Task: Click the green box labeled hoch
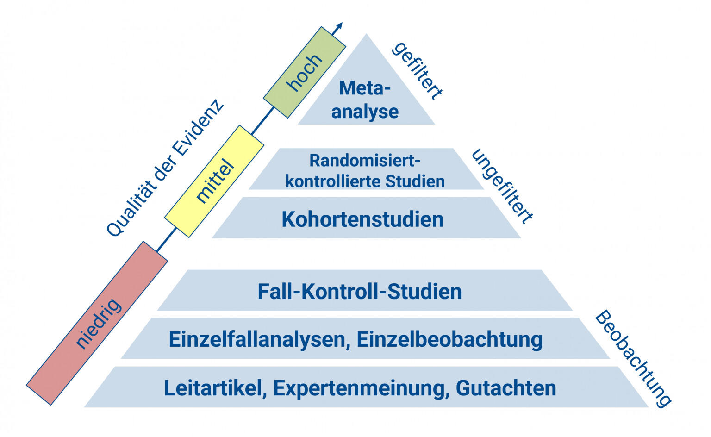[304, 72]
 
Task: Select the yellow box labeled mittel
[214, 181]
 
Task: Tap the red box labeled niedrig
[97, 323]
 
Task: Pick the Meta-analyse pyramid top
[366, 100]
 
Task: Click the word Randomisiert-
[365, 161]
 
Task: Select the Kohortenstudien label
[362, 219]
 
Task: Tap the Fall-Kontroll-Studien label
[360, 292]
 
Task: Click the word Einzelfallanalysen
[257, 339]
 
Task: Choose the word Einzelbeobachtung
[449, 339]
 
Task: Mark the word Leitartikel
[214, 388]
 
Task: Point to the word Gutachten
[506, 388]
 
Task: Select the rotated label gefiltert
[417, 71]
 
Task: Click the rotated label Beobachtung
[633, 359]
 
